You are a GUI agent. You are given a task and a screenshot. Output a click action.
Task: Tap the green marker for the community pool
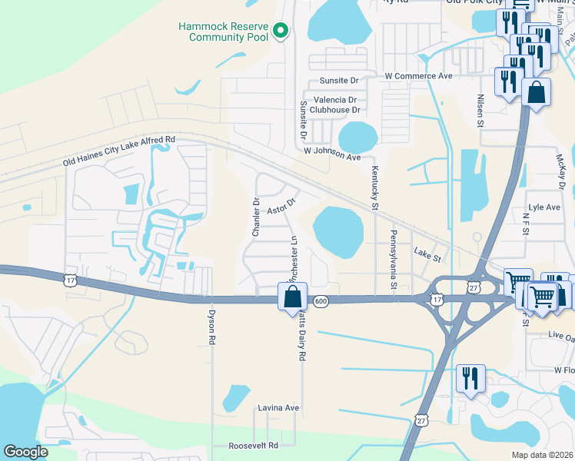point(281,31)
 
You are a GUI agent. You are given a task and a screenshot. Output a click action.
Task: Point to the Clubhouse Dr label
point(335,110)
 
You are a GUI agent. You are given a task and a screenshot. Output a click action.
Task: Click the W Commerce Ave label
point(419,77)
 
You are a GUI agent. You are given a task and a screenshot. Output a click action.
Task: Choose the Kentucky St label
point(375,189)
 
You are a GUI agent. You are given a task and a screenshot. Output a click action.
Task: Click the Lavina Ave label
point(278,407)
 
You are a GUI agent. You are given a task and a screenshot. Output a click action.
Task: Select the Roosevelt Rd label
point(253,446)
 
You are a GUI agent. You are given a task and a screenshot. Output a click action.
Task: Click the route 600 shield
point(321,301)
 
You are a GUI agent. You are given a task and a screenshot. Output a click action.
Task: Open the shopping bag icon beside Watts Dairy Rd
point(292,296)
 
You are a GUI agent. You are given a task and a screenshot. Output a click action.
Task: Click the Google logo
point(26,452)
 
